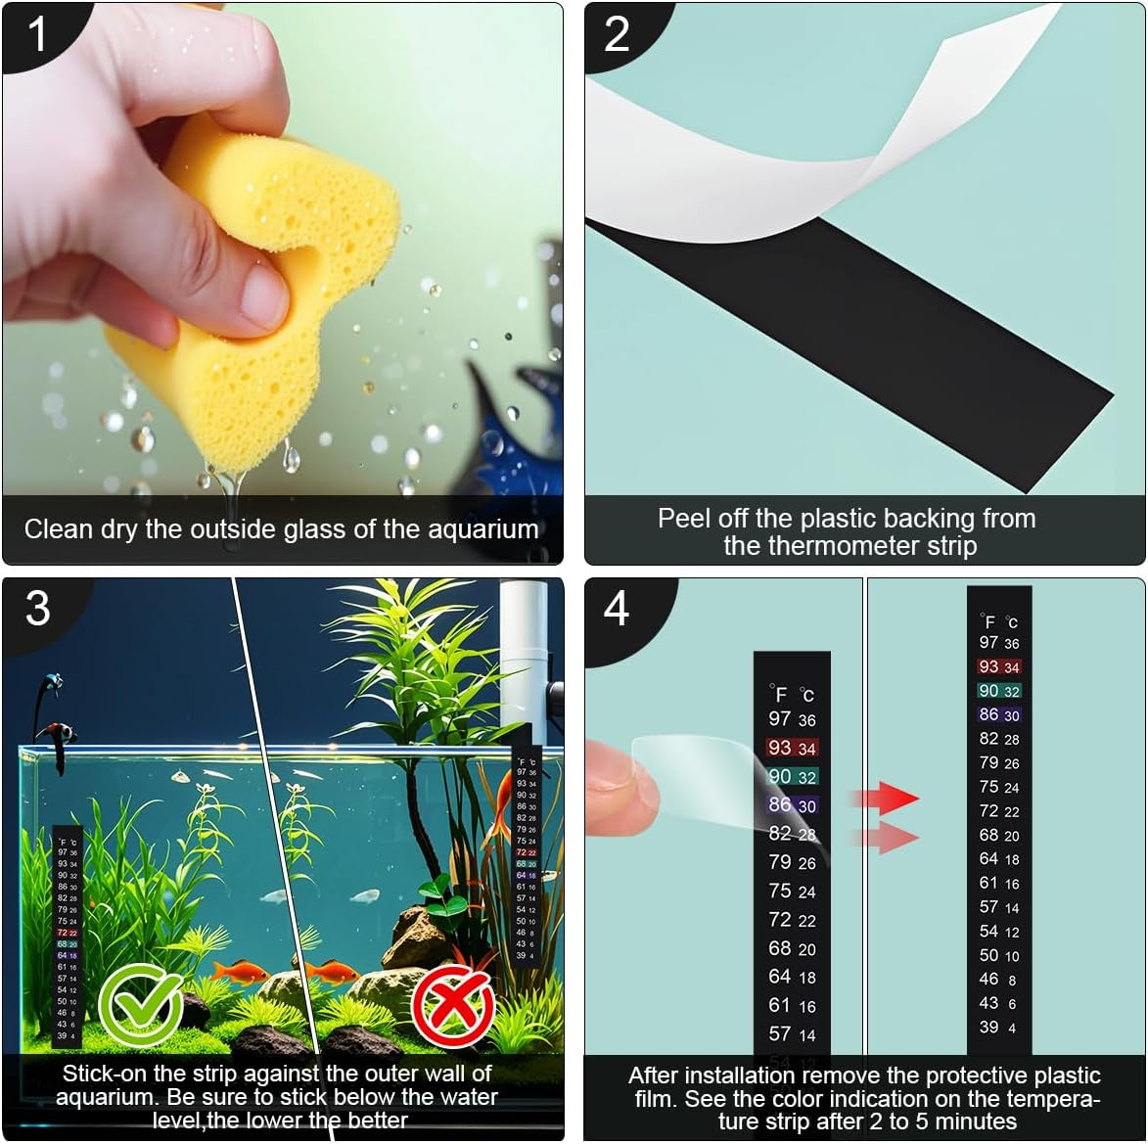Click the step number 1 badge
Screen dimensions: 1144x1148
tap(37, 34)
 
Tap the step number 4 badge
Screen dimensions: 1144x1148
tap(617, 609)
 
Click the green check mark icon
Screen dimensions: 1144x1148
tap(141, 1004)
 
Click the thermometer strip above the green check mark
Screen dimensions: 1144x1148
tap(67, 935)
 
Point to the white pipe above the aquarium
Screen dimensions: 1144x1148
tap(523, 646)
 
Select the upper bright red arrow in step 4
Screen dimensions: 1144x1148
tap(886, 798)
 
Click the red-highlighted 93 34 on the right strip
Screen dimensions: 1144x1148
tap(998, 666)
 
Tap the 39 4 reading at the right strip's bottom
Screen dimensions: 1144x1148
tap(998, 1028)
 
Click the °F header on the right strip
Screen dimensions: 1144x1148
tap(987, 621)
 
